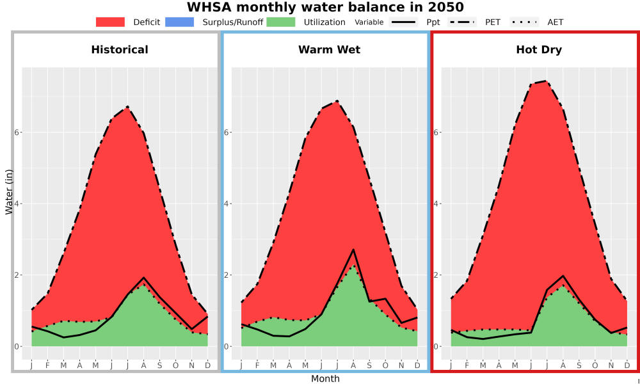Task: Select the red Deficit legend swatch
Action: tap(110, 22)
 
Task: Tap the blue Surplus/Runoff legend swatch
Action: tap(180, 22)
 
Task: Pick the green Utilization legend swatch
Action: tap(281, 22)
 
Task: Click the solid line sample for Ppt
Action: tap(403, 22)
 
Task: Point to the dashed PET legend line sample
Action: tap(462, 22)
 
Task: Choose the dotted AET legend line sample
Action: tap(524, 22)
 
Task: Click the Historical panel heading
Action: tap(120, 50)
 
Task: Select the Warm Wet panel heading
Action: tap(330, 50)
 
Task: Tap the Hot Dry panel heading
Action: tap(539, 50)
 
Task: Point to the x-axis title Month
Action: tap(325, 379)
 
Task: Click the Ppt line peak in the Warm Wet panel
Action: tap(353, 250)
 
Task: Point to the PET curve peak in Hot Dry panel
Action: tap(546, 81)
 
